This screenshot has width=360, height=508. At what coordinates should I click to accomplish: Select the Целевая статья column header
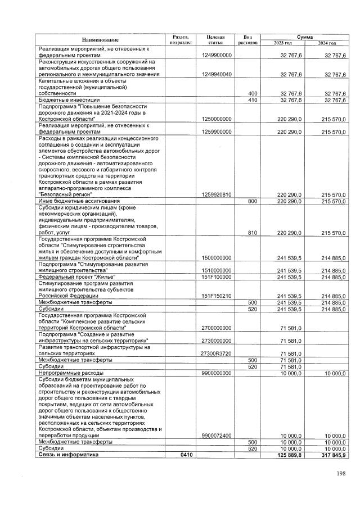215,40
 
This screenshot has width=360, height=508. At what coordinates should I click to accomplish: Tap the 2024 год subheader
327,43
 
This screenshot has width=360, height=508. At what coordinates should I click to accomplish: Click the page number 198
341,474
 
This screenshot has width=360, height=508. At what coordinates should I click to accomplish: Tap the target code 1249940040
217,74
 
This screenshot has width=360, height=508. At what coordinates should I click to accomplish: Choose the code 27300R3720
217,353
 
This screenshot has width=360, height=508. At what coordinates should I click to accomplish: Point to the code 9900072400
217,435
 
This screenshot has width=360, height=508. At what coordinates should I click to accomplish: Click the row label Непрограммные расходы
70,373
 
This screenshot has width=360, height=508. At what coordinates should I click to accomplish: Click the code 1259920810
217,194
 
